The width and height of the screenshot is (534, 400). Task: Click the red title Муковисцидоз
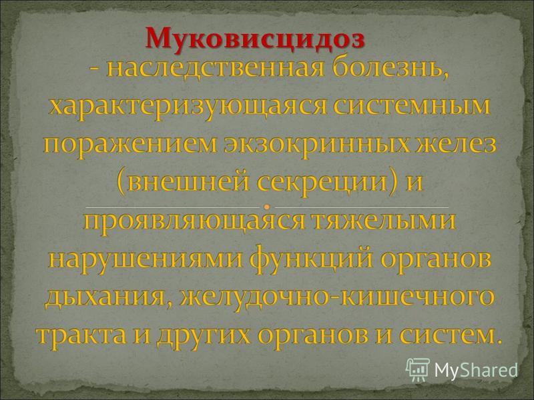coord(256,39)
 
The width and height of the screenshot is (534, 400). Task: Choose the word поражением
coord(130,145)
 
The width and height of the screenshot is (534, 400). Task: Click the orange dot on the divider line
coord(267,207)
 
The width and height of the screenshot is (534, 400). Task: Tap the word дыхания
coord(106,297)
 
